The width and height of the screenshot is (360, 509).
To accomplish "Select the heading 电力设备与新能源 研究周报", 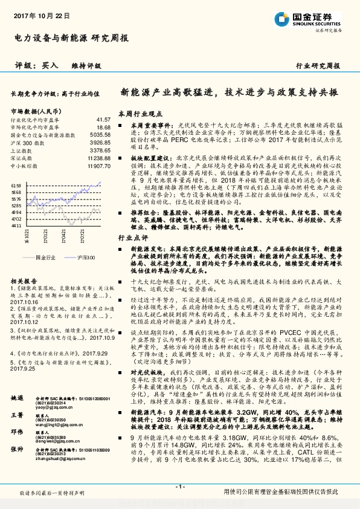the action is tap(71, 38).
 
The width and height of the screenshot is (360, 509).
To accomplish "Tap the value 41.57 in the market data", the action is tap(103, 120).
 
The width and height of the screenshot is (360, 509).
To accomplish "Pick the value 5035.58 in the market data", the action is tap(100, 135).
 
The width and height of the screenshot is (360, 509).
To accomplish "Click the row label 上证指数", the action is tap(21, 150).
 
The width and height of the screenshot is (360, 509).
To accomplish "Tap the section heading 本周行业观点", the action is tap(140, 114).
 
